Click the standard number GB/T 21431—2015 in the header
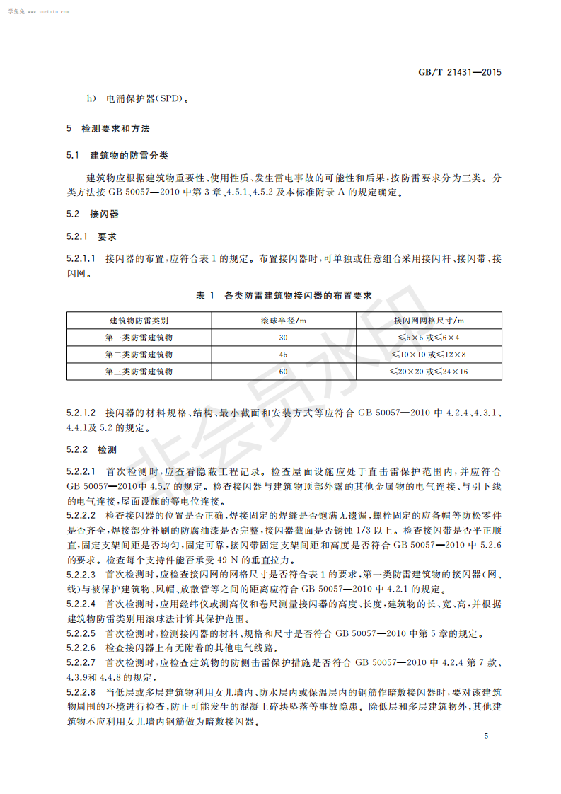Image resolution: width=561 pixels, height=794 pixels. click(460, 73)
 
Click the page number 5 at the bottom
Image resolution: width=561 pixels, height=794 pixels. click(486, 736)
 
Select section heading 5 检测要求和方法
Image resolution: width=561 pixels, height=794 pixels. click(108, 129)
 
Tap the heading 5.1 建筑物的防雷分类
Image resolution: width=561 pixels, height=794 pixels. click(117, 155)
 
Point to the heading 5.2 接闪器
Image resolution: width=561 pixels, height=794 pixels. click(93, 213)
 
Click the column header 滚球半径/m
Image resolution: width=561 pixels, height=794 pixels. click(284, 321)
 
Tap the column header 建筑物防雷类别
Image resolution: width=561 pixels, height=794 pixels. click(139, 321)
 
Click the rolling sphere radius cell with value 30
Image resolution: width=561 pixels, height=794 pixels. click(284, 338)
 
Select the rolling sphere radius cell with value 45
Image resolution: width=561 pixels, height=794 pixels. click(284, 354)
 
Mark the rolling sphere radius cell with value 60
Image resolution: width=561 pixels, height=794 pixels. click(284, 371)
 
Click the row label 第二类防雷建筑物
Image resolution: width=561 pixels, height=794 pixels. click(139, 354)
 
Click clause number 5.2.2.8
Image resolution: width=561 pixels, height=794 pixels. click(81, 691)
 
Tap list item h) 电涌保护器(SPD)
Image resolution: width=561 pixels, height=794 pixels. click(138, 100)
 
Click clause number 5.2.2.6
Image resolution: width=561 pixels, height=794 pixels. click(81, 648)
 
